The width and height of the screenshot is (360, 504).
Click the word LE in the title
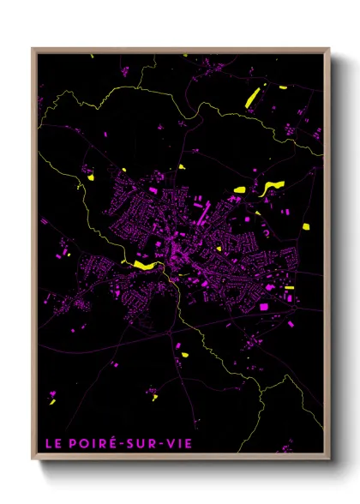[52, 443]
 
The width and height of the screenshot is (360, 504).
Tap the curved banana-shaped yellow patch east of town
[273, 187]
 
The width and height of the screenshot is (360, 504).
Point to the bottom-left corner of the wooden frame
[33, 463]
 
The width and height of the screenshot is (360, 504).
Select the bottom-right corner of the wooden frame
[330, 463]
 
